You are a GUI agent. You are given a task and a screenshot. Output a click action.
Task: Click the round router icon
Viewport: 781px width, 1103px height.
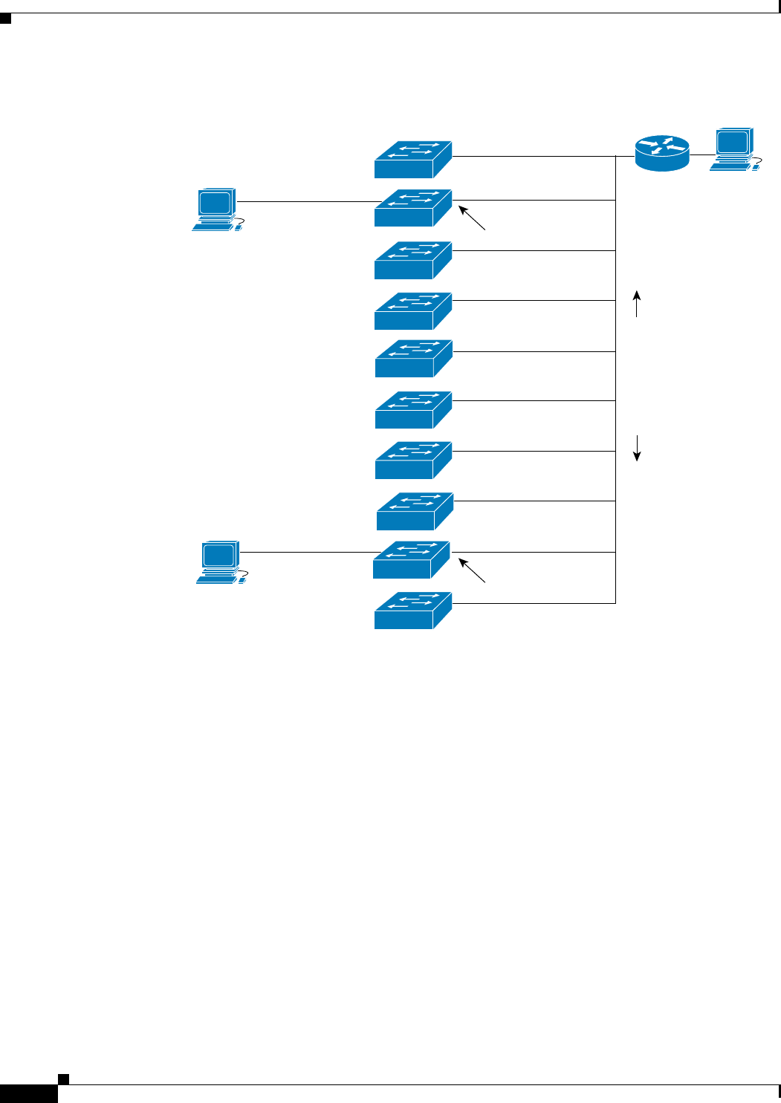tap(662, 153)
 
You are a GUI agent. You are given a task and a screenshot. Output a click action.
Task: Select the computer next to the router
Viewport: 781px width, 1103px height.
tap(734, 150)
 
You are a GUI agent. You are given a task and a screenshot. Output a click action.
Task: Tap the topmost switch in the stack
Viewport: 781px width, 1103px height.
tap(413, 160)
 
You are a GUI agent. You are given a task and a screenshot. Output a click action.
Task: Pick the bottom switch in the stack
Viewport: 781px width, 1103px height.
tap(413, 611)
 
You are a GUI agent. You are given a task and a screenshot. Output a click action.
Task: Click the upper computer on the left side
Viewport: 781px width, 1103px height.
tap(217, 209)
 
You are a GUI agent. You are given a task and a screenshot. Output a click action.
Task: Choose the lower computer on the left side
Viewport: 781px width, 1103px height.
tap(221, 562)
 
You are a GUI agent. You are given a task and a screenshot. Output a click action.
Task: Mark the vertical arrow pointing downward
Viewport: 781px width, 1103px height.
tap(637, 448)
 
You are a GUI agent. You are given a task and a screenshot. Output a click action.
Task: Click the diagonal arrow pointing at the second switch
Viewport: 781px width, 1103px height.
tap(473, 218)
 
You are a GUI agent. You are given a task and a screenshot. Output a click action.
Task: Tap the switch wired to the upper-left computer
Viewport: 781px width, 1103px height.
tap(413, 208)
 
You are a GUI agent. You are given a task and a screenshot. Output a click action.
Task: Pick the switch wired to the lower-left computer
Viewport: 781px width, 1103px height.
tap(412, 560)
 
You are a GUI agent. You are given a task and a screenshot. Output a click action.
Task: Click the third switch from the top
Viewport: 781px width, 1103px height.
tap(413, 260)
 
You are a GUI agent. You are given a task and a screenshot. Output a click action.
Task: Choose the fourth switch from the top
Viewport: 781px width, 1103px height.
tap(413, 310)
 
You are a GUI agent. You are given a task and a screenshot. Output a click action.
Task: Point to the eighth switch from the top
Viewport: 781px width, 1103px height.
tap(415, 511)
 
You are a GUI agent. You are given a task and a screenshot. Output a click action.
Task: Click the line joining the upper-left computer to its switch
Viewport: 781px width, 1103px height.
tap(308, 202)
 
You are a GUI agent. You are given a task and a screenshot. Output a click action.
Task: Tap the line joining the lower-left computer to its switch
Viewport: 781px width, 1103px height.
tap(308, 552)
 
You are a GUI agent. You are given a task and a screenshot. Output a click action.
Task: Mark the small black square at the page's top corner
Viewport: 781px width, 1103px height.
tap(6, 18)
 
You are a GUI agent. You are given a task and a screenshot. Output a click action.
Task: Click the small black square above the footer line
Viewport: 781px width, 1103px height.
tap(64, 1078)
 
